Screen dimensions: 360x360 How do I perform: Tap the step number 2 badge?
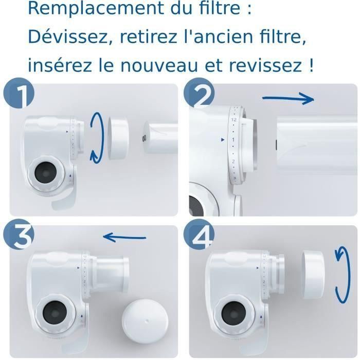199,96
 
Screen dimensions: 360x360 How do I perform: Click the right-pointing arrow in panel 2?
288,98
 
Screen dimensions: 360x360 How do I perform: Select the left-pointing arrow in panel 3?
124,237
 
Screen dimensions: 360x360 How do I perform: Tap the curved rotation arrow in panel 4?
340,273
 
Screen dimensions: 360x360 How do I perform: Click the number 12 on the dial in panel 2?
233,119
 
